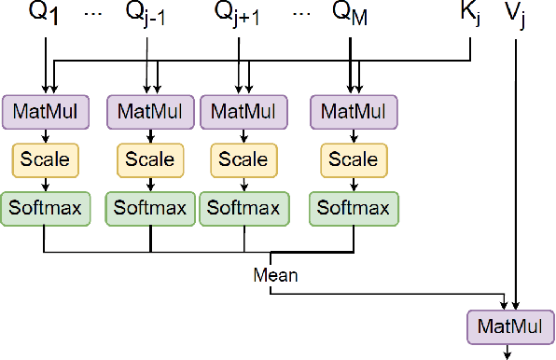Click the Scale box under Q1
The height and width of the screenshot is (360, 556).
click(45, 159)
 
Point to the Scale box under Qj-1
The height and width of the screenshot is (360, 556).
click(149, 159)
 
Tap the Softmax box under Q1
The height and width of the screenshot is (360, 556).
click(45, 208)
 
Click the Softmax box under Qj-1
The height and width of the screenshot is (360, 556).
click(149, 208)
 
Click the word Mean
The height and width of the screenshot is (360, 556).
click(275, 275)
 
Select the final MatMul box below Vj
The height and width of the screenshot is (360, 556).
click(509, 328)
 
